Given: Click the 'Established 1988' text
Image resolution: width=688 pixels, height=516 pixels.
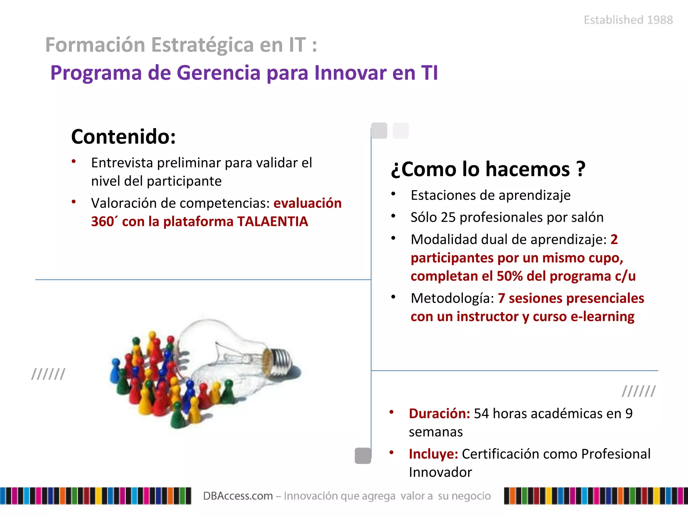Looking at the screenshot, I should click(x=628, y=20).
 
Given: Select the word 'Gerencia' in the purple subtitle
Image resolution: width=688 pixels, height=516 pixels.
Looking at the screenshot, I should click(x=218, y=73).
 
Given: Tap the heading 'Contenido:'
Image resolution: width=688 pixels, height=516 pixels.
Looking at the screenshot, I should click(x=123, y=137).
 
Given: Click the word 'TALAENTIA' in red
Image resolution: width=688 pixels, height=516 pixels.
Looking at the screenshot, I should click(x=272, y=222).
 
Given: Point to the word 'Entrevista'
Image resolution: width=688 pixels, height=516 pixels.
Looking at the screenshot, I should click(x=122, y=163).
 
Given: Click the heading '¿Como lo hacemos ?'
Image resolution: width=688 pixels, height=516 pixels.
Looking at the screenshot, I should click(x=488, y=169).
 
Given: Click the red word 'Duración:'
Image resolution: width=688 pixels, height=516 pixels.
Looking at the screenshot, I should click(x=439, y=414).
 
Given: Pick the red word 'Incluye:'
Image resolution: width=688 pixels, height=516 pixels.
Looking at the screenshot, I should click(x=433, y=454).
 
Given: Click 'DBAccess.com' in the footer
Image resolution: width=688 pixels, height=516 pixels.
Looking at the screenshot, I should click(x=238, y=496).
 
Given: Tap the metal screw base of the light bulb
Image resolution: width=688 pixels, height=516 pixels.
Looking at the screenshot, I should click(x=281, y=361).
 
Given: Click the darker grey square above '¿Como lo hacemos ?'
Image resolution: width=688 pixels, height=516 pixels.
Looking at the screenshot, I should click(x=379, y=130).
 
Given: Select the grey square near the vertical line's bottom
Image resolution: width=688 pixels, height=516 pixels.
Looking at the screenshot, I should click(x=363, y=456).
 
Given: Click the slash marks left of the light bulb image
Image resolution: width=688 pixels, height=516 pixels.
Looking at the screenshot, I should click(x=48, y=374).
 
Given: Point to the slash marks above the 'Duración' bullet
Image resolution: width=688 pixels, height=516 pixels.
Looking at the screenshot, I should click(x=638, y=391).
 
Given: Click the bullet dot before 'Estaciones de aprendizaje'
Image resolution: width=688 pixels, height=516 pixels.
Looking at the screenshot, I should click(x=393, y=194).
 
